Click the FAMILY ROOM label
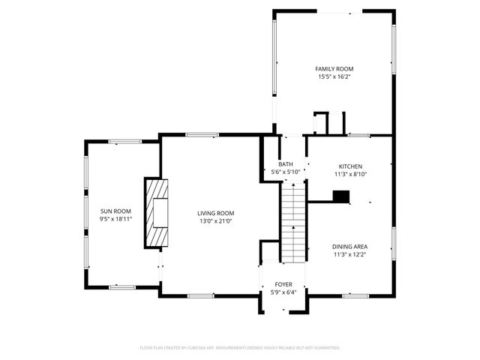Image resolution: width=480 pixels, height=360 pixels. (334, 68)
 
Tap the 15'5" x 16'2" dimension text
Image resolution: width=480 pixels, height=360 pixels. (334, 76)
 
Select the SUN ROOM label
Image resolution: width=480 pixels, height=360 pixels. (116, 211)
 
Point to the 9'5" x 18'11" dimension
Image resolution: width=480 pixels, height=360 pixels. (116, 220)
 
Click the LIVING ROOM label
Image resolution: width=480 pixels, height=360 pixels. (216, 212)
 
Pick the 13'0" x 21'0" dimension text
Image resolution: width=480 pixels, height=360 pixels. (216, 220)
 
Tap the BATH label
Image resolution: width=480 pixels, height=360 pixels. (286, 164)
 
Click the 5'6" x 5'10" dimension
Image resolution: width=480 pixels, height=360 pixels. (286, 172)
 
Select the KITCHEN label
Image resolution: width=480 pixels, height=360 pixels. (350, 166)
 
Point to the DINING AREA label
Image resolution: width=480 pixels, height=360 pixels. (349, 246)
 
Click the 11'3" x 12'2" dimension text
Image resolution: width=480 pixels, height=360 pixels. (349, 254)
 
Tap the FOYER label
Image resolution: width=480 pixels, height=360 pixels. (283, 284)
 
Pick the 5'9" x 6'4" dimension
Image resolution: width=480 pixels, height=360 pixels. (283, 292)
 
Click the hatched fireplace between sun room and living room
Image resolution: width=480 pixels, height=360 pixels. (157, 212)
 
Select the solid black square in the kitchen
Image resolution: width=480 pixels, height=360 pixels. (341, 197)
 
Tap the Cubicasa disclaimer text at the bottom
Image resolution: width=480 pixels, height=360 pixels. (240, 348)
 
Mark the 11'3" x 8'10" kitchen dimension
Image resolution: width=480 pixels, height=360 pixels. (350, 174)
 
